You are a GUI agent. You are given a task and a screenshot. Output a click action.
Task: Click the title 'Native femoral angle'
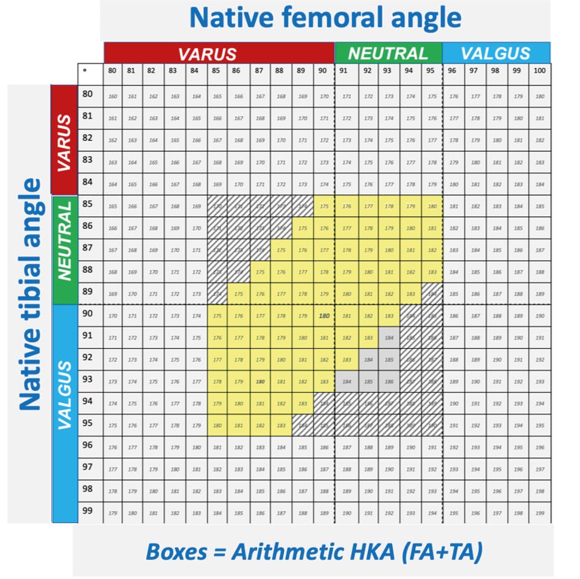coord(325,18)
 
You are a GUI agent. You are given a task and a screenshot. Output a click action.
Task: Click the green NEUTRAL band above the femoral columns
coord(388,53)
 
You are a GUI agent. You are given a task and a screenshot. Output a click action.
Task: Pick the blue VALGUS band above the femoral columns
coord(496,53)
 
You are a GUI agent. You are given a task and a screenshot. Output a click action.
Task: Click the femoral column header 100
coord(539,70)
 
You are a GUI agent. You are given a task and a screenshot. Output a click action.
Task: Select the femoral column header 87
coord(259,70)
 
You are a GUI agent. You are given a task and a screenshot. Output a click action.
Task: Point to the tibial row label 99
coord(87,511)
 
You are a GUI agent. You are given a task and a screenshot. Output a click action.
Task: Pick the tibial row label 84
coord(87,182)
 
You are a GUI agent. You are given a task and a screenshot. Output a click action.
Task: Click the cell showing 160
coord(112,96)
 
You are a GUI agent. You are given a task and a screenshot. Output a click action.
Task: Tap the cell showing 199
coord(540,513)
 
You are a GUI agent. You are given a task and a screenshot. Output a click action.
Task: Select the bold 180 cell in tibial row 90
coord(324,316)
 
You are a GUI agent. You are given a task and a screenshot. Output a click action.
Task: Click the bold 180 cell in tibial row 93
coord(260,382)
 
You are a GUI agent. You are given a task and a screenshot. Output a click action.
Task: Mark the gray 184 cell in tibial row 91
coord(388,338)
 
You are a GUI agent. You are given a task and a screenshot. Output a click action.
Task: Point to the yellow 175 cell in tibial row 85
coord(324,206)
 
